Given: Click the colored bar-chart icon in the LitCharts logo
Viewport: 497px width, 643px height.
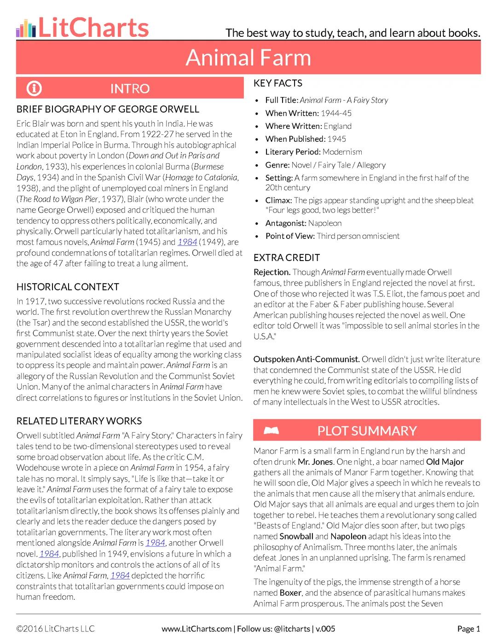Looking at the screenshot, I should click(26, 29).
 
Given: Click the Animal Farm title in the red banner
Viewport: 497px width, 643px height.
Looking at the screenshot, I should click(248, 58).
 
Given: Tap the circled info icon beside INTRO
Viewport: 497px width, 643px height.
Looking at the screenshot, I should click(34, 88).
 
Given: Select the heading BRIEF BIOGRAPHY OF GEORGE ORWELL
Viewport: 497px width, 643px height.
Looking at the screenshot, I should click(108, 110).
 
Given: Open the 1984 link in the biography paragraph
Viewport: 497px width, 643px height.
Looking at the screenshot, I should click(187, 242).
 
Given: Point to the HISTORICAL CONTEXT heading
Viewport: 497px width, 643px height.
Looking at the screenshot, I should click(68, 287).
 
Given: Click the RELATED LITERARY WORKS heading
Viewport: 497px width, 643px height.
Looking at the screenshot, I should click(79, 421).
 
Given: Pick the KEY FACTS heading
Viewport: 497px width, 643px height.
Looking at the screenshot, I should click(278, 83).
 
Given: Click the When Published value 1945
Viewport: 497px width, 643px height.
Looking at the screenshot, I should click(336, 139).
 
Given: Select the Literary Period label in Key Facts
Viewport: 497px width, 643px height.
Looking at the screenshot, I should click(293, 152).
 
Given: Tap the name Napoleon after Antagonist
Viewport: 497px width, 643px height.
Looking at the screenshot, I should click(325, 223).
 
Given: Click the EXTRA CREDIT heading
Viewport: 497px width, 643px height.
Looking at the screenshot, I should click(287, 258).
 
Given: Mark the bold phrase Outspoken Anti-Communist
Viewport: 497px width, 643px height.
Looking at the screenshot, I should click(306, 359).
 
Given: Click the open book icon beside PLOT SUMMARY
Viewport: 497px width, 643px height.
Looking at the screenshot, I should click(272, 431).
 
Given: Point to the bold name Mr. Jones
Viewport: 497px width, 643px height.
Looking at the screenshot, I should click(315, 462).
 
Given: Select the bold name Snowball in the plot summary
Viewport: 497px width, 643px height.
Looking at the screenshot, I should click(296, 536).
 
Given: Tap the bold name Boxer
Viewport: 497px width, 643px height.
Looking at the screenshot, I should click(290, 593).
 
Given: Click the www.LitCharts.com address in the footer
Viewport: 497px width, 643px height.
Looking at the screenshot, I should click(196, 629).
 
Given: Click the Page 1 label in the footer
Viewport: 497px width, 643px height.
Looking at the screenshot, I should click(468, 629).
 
